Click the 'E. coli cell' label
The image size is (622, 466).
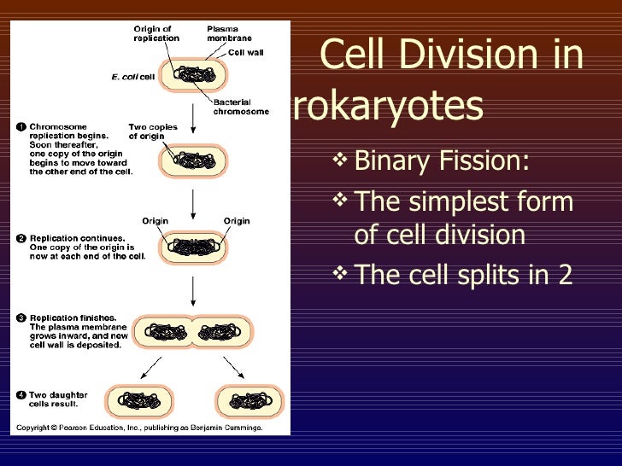(132, 77)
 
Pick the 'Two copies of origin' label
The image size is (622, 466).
(153, 131)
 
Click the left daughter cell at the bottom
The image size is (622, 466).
(138, 399)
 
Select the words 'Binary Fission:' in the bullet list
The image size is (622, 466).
(441, 160)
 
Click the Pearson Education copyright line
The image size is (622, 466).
(140, 428)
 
